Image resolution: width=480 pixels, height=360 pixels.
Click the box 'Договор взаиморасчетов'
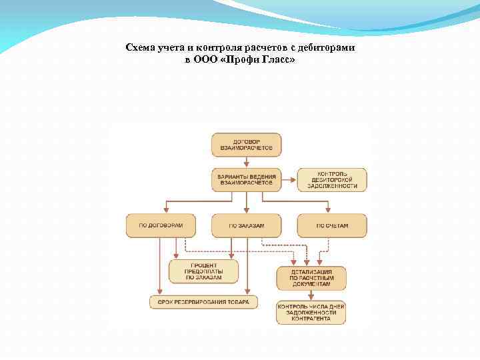point(246,145)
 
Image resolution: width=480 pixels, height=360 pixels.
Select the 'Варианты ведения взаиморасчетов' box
point(246,179)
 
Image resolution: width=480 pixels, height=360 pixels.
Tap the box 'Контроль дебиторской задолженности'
point(332,179)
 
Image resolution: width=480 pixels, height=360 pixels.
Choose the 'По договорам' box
point(160,225)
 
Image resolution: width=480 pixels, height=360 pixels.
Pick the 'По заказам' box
point(246,225)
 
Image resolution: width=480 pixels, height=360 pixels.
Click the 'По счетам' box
point(332,225)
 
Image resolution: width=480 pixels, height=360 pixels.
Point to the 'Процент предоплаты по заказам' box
point(203,271)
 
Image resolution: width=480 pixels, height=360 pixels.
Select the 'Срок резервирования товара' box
point(203,302)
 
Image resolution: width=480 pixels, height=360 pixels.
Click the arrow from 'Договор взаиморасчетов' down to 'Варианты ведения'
point(246,162)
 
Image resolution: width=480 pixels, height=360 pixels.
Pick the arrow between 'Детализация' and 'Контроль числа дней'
point(311,296)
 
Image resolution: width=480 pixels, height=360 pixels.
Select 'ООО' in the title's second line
point(206,59)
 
